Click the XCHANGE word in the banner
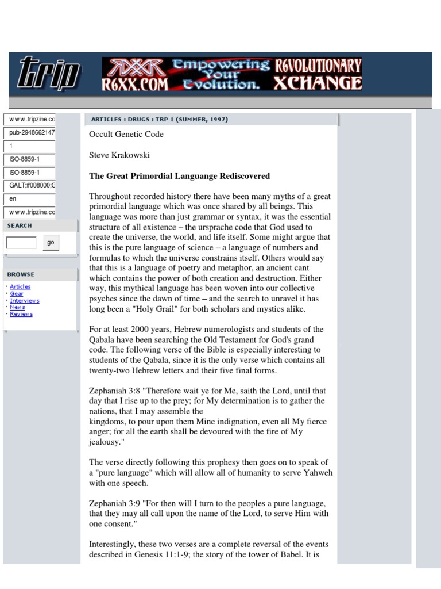click(318, 84)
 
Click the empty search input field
click(21, 243)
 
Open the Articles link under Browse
click(20, 286)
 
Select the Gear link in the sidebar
click(17, 293)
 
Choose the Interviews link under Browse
click(25, 300)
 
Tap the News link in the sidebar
click(17, 307)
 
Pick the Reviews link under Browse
click(21, 314)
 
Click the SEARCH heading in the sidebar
click(20, 225)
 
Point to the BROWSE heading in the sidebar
click(21, 274)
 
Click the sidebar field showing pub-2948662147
click(30, 133)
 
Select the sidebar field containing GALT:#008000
click(30, 185)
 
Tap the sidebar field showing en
click(30, 198)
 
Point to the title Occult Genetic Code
click(126, 134)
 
